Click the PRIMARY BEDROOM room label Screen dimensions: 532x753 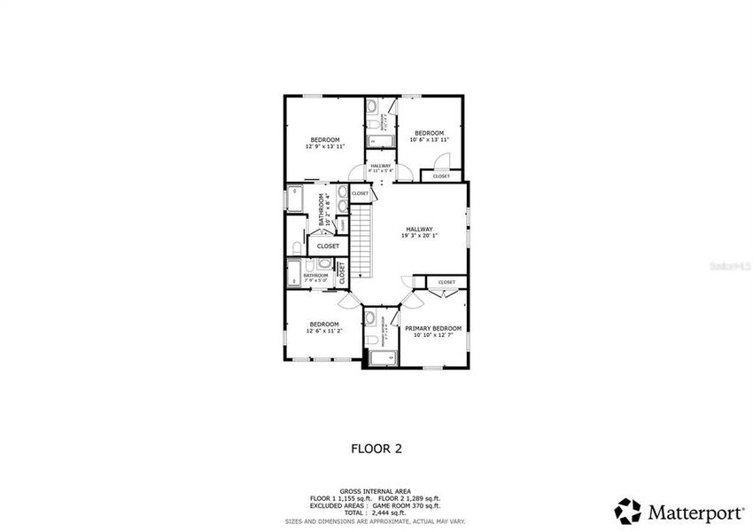(433, 328)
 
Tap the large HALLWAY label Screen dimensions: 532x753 (420, 228)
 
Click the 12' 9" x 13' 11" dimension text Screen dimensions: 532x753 (324, 146)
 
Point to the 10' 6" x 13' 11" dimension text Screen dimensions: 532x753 (430, 140)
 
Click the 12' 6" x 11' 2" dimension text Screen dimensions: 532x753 (324, 331)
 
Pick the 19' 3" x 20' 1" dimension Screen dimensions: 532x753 (420, 235)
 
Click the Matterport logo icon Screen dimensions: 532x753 (628, 510)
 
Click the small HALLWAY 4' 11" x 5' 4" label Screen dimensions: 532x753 (381, 168)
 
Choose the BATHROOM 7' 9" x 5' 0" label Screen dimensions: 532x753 (315, 277)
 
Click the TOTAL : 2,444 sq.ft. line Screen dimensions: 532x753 (376, 512)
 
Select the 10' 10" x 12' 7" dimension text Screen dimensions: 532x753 (433, 334)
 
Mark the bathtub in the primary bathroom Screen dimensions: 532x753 (381, 357)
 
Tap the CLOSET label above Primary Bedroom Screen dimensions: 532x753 (446, 282)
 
